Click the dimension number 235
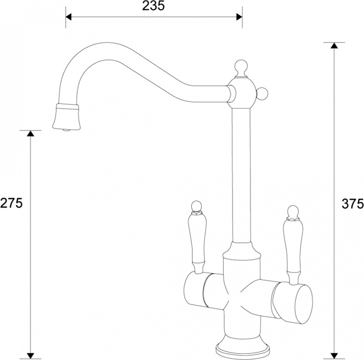pos(153,5)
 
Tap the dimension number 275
pos(11,203)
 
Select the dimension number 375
pos(353,204)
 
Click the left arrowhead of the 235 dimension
pos(69,17)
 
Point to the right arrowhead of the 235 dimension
pos(239,17)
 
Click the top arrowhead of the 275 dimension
pos(31,134)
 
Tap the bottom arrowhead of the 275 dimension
pos(31,356)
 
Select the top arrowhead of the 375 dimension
pos(334,46)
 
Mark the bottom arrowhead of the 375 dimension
pos(334,356)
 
